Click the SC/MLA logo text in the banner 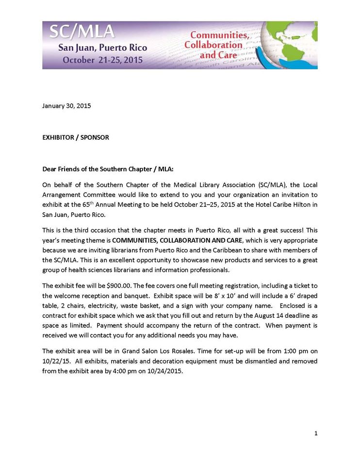[83, 32]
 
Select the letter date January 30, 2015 [66, 105]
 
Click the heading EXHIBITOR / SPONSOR [76, 137]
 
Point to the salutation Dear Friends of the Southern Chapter [108, 169]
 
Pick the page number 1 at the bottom [316, 433]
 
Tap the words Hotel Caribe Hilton [279, 204]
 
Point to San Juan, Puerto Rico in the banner [102, 48]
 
